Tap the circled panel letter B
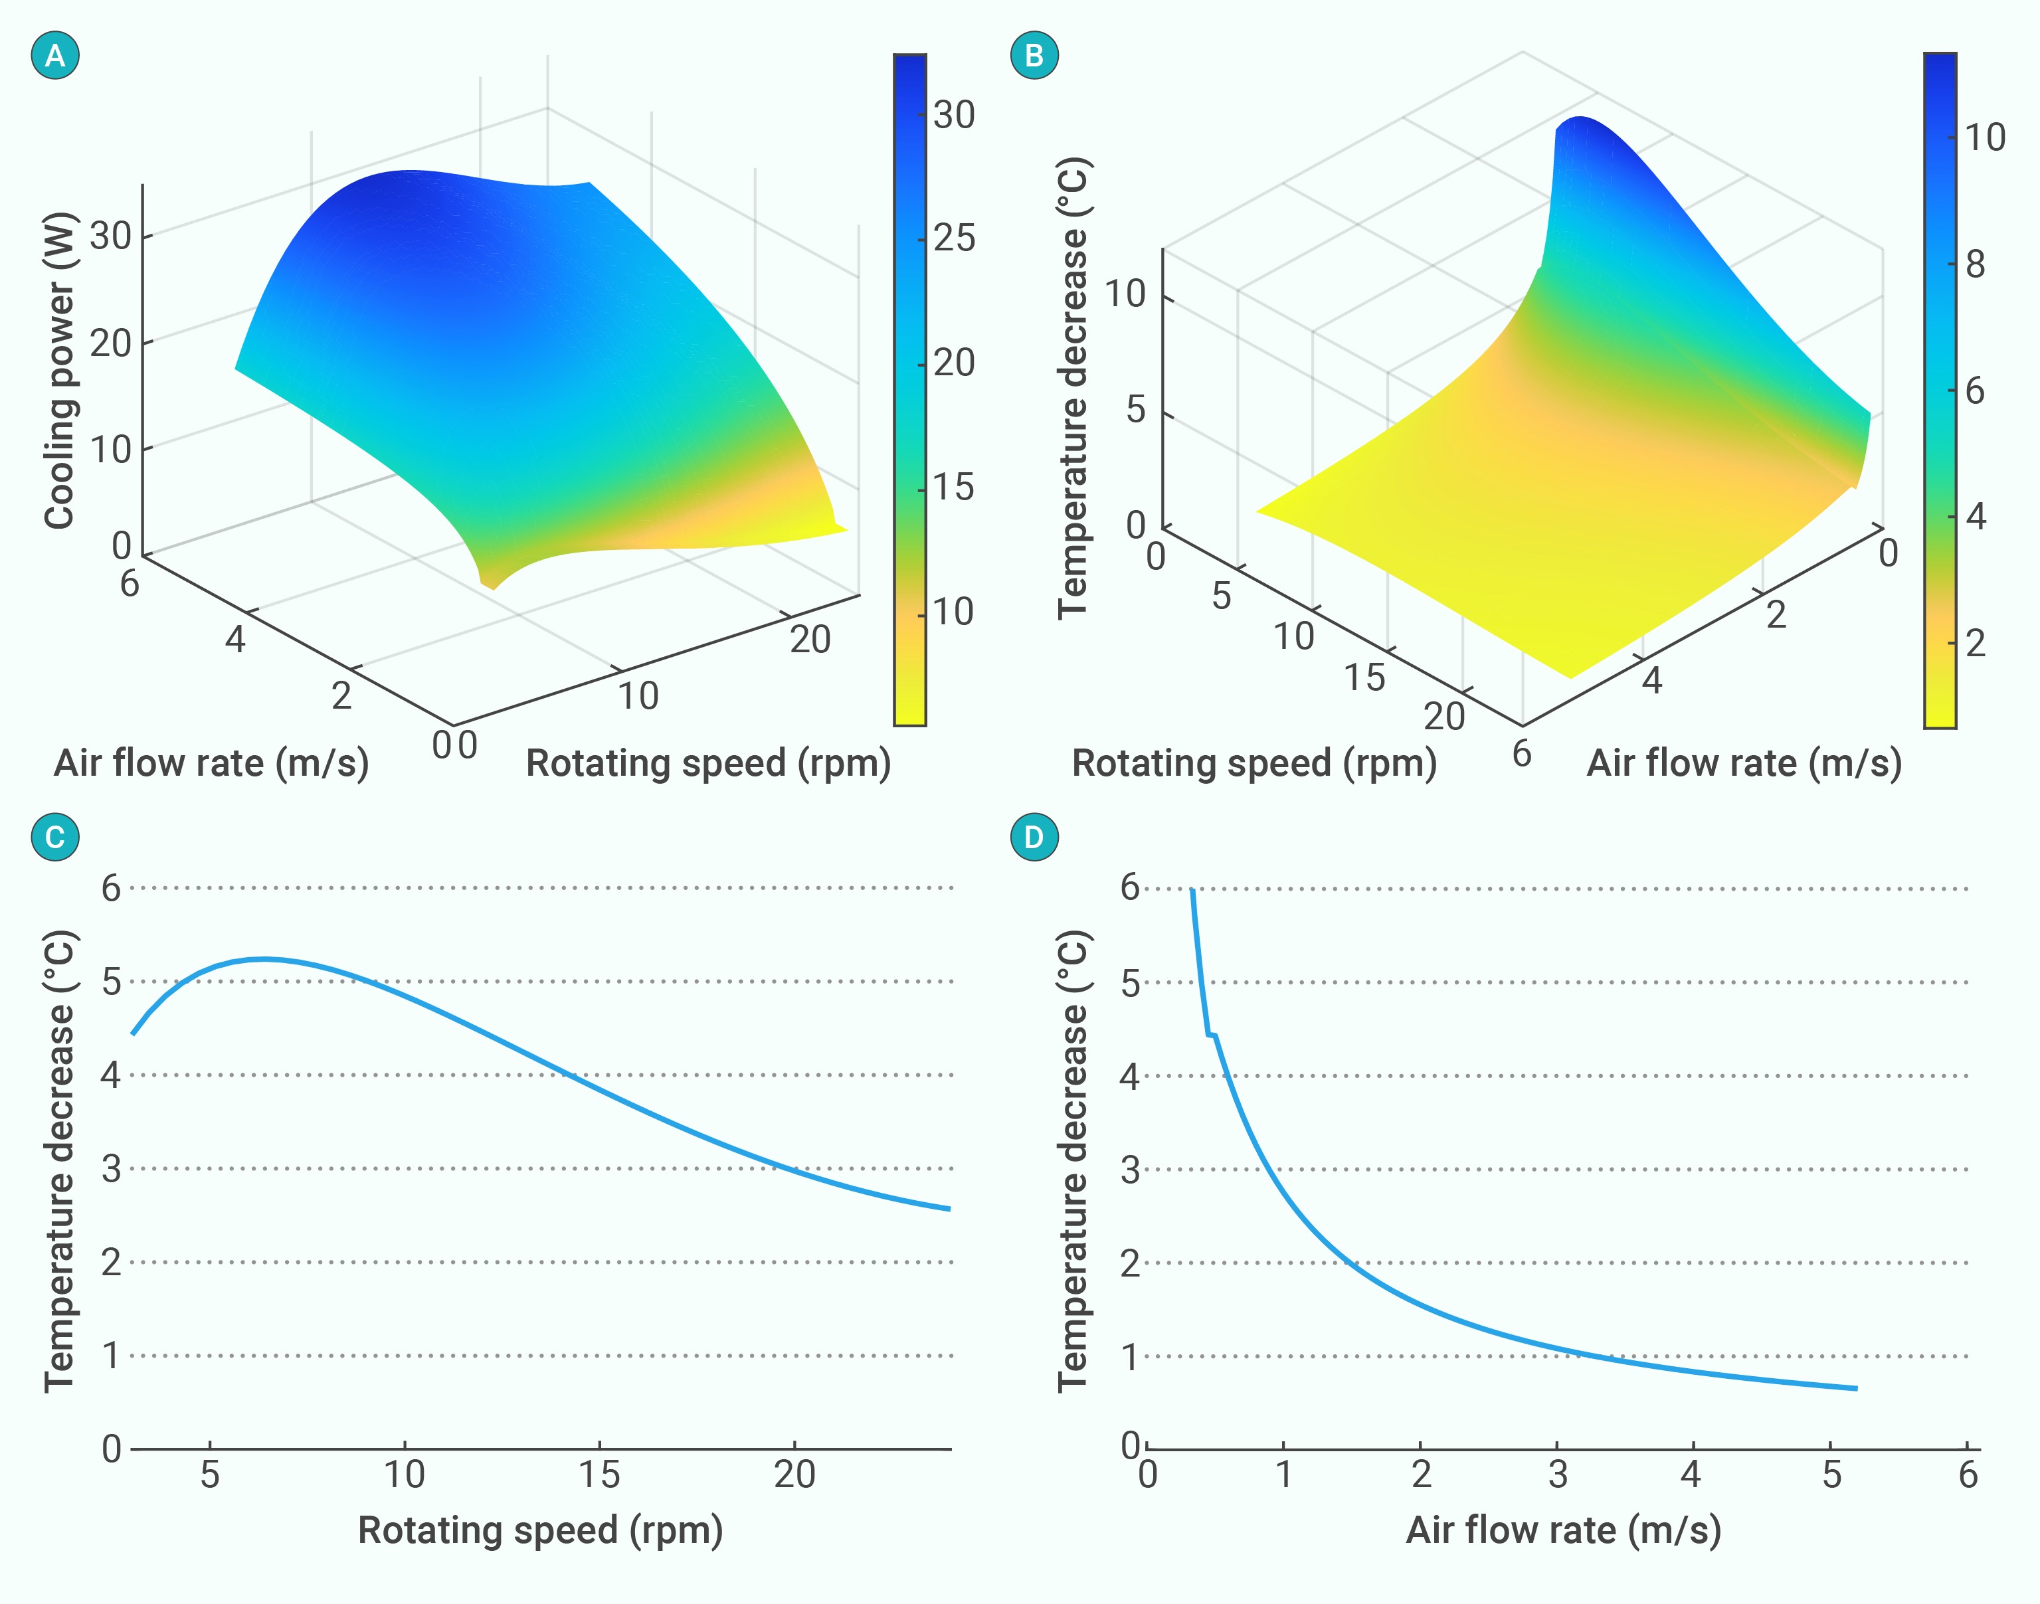(1034, 55)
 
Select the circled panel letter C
(55, 837)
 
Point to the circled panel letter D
(1034, 837)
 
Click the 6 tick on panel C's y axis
(112, 887)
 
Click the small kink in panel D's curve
(1212, 1035)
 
